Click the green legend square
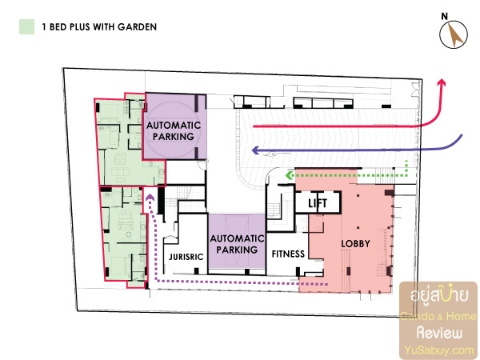pos(26,27)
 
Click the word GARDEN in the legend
pos(137,27)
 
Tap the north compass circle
pos(454,34)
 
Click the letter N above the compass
pos(445,16)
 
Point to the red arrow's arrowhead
pos(441,82)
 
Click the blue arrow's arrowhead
pos(255,150)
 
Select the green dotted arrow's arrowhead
pos(289,175)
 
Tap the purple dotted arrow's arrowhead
pos(150,197)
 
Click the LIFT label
pos(318,203)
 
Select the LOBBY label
pos(355,244)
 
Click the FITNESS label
pos(288,254)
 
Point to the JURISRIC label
pos(186,257)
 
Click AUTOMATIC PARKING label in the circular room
pos(174,130)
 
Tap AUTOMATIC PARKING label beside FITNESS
pos(237,244)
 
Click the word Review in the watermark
pos(439,333)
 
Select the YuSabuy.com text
pos(439,350)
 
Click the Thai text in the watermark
pos(439,294)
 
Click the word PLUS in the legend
pos(79,27)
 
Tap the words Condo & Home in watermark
pos(438,316)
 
